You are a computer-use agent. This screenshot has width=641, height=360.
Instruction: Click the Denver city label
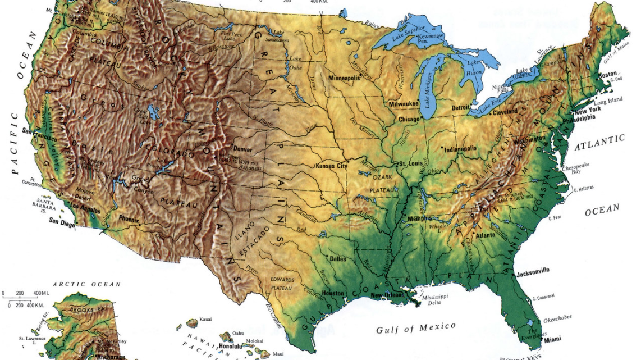[x=242, y=149]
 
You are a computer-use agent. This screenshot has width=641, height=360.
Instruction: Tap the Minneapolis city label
[x=344, y=78]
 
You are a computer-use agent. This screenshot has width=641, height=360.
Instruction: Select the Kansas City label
[x=332, y=166]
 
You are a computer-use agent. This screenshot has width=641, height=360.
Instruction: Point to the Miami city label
[x=553, y=339]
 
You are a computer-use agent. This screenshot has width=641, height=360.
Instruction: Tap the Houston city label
[x=333, y=293]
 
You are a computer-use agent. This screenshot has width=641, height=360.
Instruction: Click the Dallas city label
[x=338, y=259]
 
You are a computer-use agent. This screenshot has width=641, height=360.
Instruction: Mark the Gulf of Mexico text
[x=415, y=327]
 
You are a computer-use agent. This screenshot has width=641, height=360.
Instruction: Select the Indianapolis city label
[x=460, y=149]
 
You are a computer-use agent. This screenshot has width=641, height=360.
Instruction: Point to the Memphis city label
[x=420, y=218]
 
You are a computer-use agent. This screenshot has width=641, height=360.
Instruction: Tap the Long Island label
[x=608, y=102]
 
